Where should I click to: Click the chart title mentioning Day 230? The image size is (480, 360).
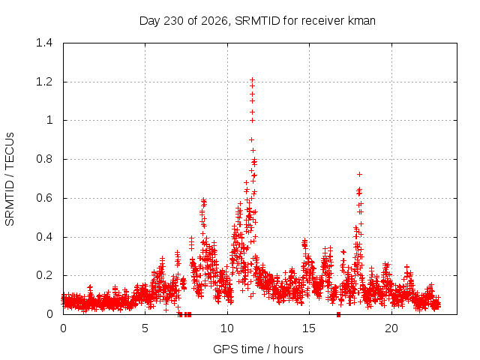click(257, 21)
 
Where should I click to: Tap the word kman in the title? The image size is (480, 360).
click(361, 21)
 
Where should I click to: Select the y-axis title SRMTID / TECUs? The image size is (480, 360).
click(10, 179)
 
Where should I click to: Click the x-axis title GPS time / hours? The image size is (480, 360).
click(258, 349)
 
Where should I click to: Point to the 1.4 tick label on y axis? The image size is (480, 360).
click(44, 43)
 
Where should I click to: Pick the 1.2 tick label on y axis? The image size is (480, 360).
click(44, 82)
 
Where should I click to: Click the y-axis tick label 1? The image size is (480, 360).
click(49, 120)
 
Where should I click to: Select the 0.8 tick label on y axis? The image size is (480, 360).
click(44, 159)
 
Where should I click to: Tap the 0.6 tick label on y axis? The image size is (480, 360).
click(44, 198)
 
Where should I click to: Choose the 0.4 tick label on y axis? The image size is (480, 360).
click(44, 237)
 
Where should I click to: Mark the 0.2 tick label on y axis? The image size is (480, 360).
click(44, 275)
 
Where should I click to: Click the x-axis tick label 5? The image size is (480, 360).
click(145, 328)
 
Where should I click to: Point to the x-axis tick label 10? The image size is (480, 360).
click(227, 328)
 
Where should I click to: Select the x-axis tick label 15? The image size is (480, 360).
click(309, 328)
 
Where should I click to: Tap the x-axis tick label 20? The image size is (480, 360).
click(391, 328)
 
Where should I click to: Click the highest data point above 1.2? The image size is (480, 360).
click(252, 80)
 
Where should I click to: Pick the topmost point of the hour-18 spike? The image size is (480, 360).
click(360, 174)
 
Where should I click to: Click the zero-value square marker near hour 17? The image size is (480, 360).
click(338, 314)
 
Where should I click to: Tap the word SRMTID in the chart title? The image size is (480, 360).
click(257, 21)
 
